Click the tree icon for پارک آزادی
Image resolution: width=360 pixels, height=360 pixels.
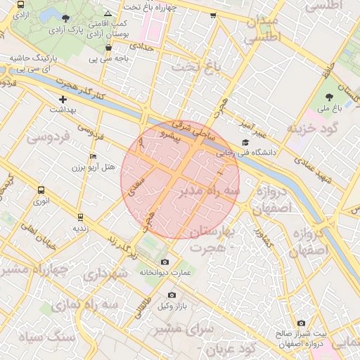point(65,19)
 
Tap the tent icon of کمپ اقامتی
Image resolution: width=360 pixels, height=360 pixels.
point(108,13)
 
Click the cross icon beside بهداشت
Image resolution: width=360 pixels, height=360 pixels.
point(63,100)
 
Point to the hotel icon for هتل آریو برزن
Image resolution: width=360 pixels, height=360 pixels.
point(94,156)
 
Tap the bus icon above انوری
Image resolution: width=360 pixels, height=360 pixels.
point(41,190)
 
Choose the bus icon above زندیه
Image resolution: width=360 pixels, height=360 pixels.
point(81,217)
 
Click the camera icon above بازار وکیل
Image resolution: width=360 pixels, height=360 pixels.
point(172,295)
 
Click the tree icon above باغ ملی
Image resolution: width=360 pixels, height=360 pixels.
point(329,96)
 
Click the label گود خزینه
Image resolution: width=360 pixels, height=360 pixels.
point(313,129)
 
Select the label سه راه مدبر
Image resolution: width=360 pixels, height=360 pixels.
point(210,190)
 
